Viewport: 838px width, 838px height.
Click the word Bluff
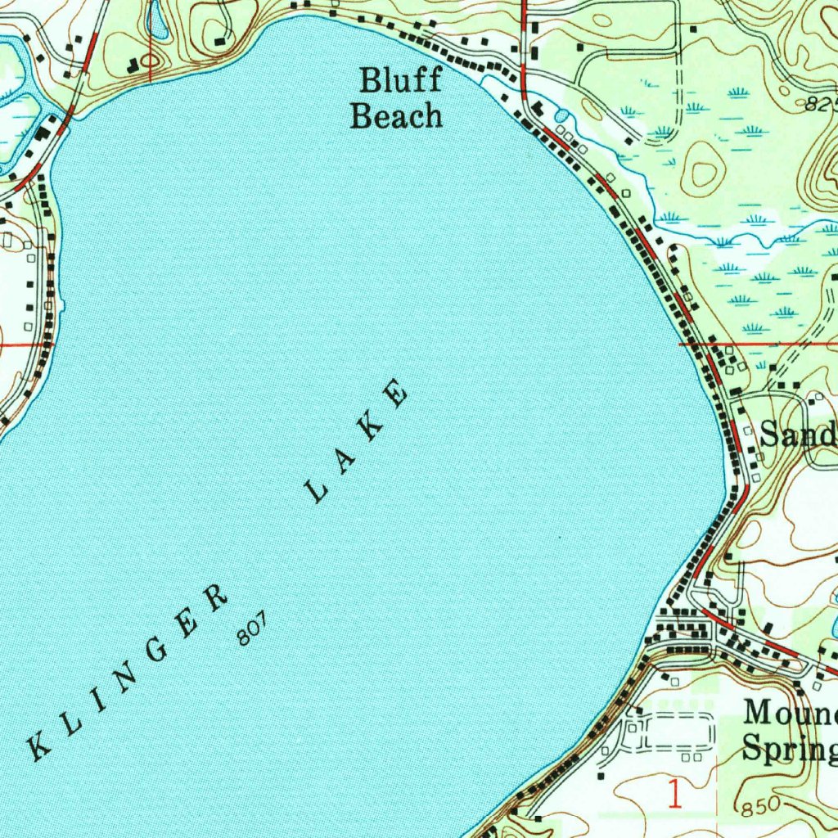[401, 81]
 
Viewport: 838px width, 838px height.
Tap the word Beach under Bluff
[396, 116]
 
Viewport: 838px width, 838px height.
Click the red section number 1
[675, 794]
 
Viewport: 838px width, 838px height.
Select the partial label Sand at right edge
[797, 434]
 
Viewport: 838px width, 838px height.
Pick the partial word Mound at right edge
[789, 713]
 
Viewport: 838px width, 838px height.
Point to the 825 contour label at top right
[820, 104]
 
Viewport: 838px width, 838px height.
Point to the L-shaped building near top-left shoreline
[133, 64]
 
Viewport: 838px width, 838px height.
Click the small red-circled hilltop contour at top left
[151, 60]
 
